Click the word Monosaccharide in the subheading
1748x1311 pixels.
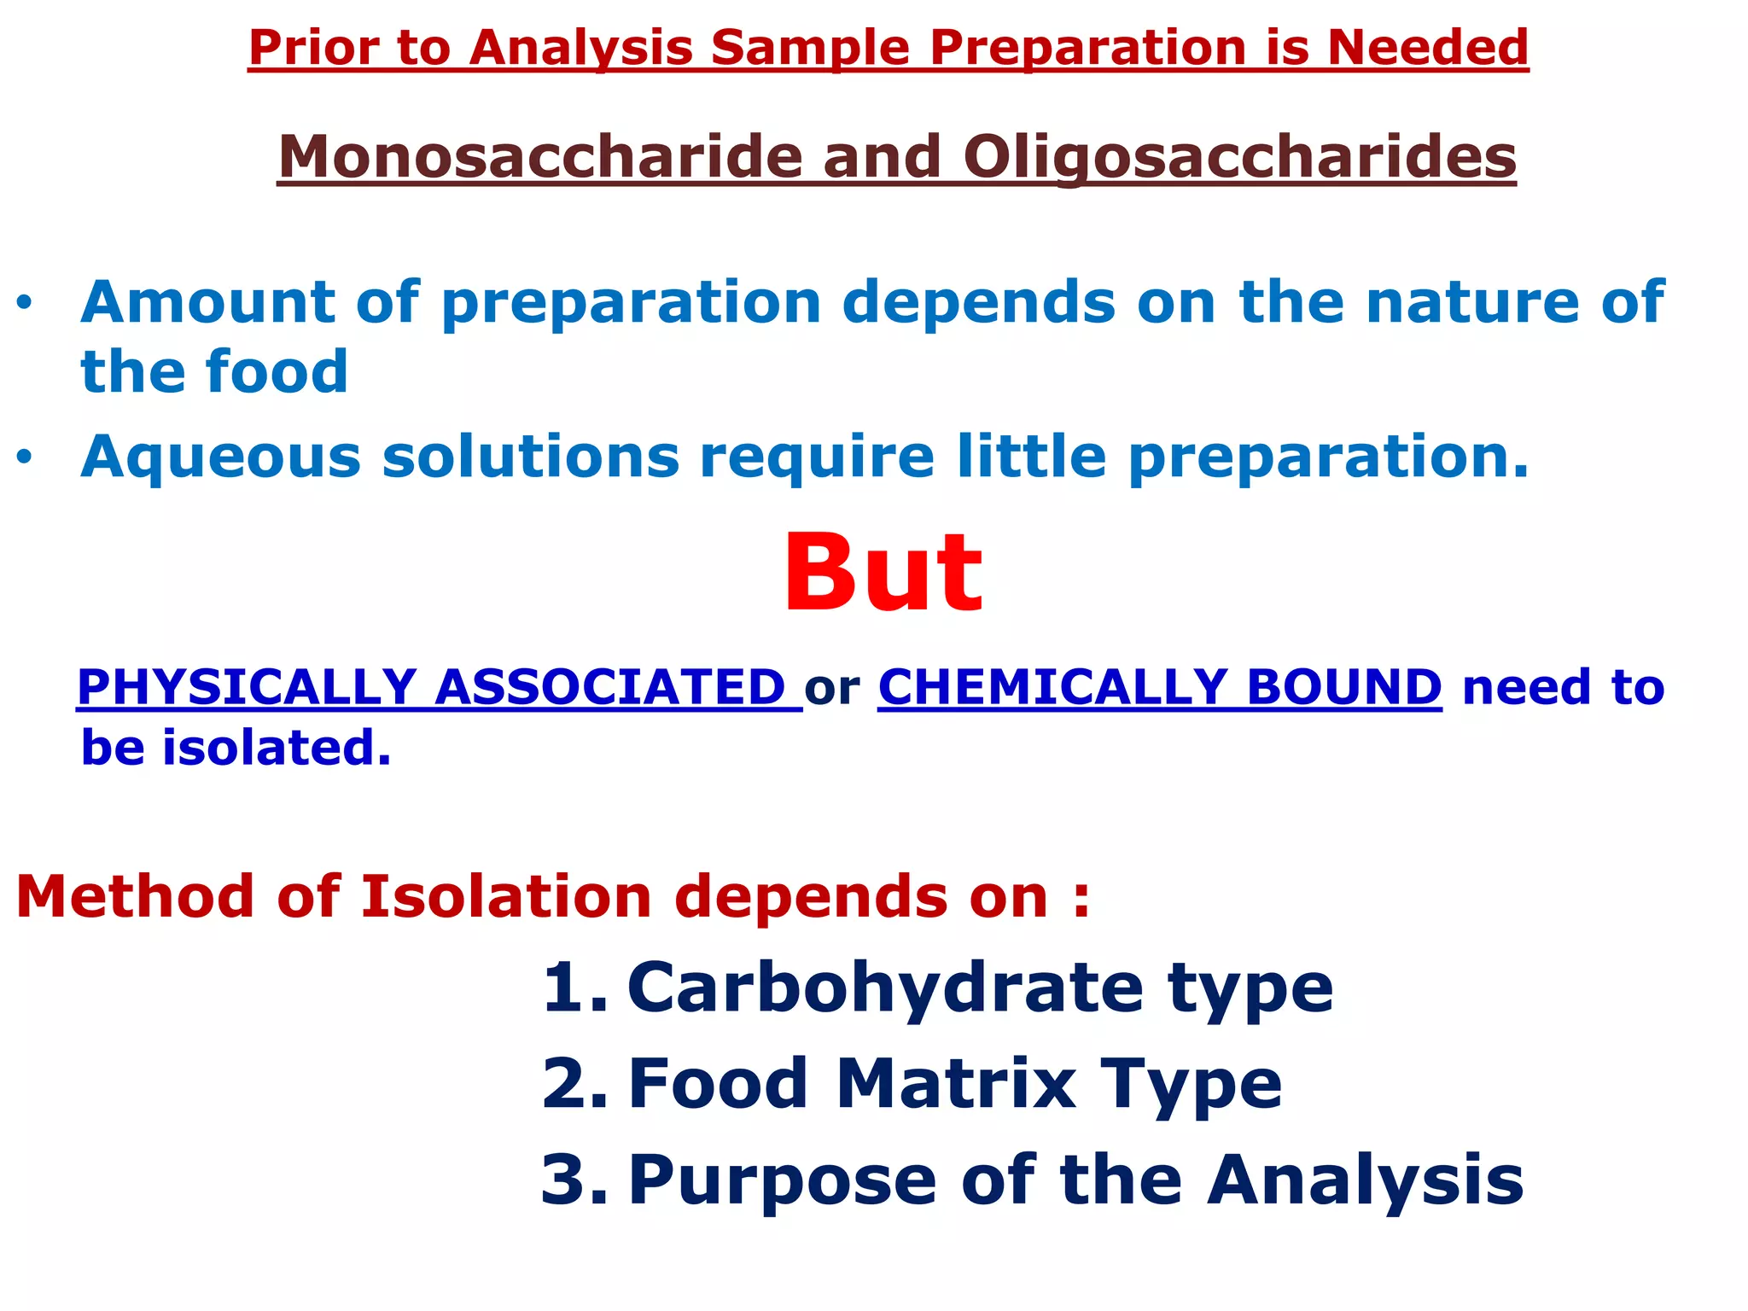[x=539, y=158]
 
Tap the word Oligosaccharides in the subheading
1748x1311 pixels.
[x=1239, y=158]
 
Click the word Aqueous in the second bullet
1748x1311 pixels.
[x=220, y=457]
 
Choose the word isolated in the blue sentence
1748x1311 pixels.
[x=277, y=749]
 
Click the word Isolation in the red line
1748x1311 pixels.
[x=506, y=898]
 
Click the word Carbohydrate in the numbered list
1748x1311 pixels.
[x=884, y=988]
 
